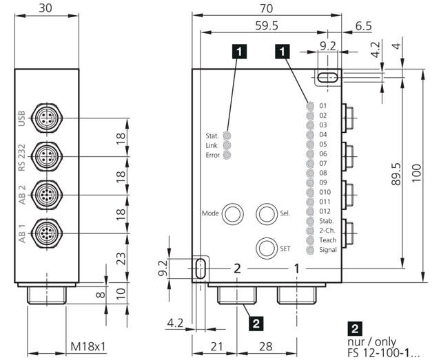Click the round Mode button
click(x=231, y=213)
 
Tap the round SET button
click(x=266, y=248)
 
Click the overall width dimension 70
click(x=266, y=8)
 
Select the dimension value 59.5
click(x=266, y=25)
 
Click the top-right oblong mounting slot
click(x=327, y=77)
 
